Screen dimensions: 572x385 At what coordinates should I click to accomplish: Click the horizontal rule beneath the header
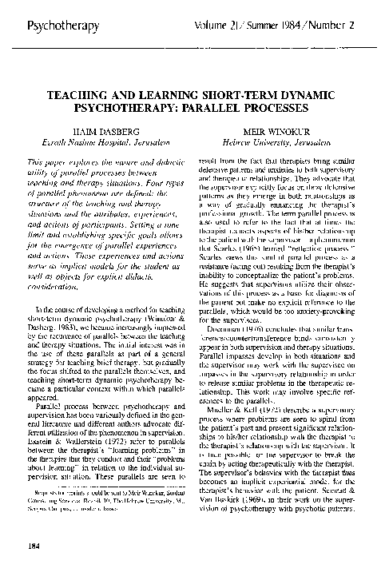pos(192,50)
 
